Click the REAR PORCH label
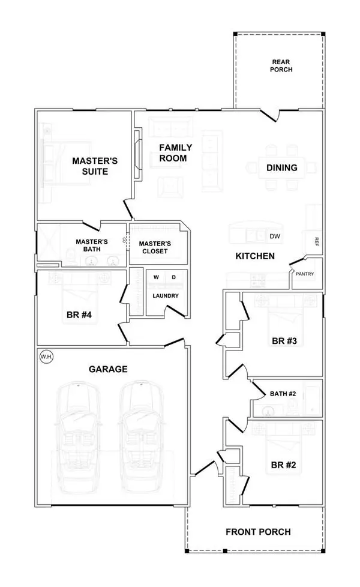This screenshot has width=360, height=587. [282, 65]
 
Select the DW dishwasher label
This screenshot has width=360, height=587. [275, 236]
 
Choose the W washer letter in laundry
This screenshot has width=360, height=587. [156, 277]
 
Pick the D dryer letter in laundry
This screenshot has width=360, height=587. [174, 277]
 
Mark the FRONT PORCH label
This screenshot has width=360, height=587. [258, 532]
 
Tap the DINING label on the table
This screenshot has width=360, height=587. [282, 167]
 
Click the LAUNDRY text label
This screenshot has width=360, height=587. [165, 296]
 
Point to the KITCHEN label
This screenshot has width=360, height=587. [254, 256]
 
